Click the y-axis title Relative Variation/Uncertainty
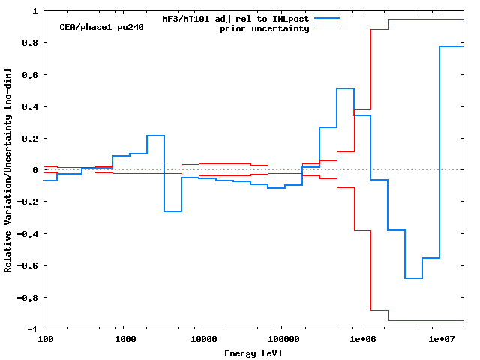[8, 170]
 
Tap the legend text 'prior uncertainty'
[264, 28]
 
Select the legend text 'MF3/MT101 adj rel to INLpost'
[235, 19]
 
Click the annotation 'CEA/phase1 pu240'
[101, 27]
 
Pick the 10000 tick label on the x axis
[201, 339]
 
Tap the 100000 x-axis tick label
[280, 339]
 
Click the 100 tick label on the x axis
[45, 339]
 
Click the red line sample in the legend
[327, 28]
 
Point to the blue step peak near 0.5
[345, 88]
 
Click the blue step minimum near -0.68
[413, 278]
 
